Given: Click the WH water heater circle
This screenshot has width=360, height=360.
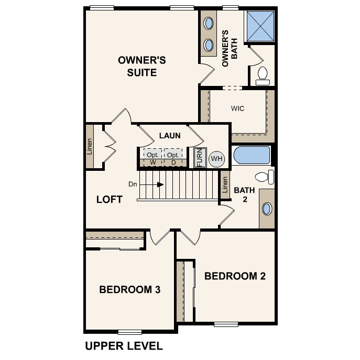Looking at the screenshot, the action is tap(216, 159).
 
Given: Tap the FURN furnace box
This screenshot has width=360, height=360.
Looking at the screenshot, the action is tap(200, 158).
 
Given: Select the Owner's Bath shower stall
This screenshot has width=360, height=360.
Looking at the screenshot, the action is tap(260, 26).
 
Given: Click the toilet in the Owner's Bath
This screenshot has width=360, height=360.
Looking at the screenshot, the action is tap(263, 76).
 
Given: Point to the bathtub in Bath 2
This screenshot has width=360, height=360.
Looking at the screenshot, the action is tap(252, 155).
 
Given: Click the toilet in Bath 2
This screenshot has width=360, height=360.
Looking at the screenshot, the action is tap(265, 177).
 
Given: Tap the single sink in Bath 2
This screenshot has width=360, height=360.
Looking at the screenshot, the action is tap(267, 209).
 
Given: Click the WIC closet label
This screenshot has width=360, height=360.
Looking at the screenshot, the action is tap(237, 108).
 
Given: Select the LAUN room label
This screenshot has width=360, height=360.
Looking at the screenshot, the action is tap(170, 136).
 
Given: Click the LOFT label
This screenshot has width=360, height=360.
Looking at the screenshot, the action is tap(110, 199).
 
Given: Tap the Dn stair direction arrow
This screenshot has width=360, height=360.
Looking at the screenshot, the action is tap(151, 184).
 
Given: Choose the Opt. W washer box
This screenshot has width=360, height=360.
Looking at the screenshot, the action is tap(152, 157).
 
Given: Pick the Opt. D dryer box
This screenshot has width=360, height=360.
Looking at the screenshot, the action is tap(173, 157).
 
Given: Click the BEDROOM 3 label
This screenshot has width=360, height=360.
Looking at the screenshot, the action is tap(130, 289).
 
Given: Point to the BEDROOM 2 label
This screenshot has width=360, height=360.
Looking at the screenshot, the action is tap(235, 276).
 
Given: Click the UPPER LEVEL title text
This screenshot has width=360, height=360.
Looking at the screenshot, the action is tap(124, 346).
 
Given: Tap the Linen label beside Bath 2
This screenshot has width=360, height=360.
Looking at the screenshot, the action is tap(225, 184).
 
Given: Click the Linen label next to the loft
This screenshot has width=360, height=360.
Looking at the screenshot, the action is tap(89, 147).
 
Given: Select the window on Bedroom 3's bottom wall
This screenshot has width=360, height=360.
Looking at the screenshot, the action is tap(130, 332).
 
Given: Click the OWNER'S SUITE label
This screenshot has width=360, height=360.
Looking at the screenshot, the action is tap(142, 67).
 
